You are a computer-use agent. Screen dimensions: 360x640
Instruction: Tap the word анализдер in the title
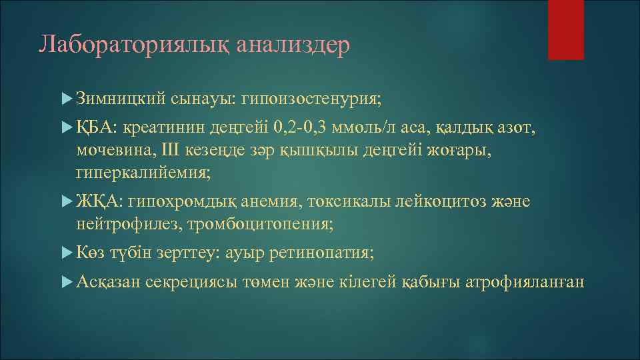coord(294,45)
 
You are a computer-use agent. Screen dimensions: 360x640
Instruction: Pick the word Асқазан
coord(107,282)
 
